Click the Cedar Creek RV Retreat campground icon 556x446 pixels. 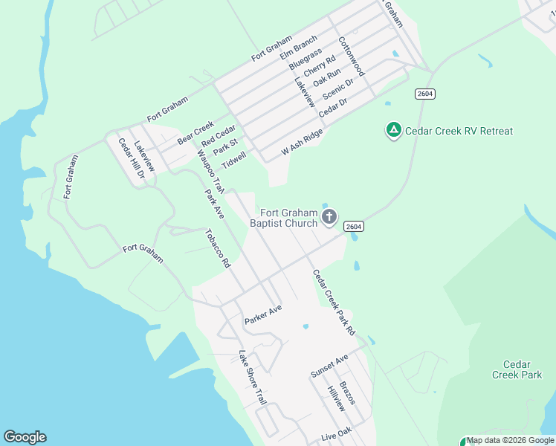(393, 131)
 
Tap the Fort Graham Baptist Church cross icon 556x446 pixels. (330, 218)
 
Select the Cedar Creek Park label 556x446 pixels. (517, 369)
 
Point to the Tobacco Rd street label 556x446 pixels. (218, 248)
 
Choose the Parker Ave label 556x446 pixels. (264, 314)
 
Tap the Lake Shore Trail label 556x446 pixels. (252, 378)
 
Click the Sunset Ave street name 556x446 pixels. (329, 365)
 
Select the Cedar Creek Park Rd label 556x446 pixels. (334, 301)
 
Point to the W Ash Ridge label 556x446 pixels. (302, 142)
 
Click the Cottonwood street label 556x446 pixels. (351, 56)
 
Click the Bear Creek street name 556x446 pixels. (195, 132)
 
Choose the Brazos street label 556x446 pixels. (347, 393)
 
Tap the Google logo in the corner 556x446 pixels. (25, 437)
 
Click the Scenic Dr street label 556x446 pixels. (337, 92)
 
